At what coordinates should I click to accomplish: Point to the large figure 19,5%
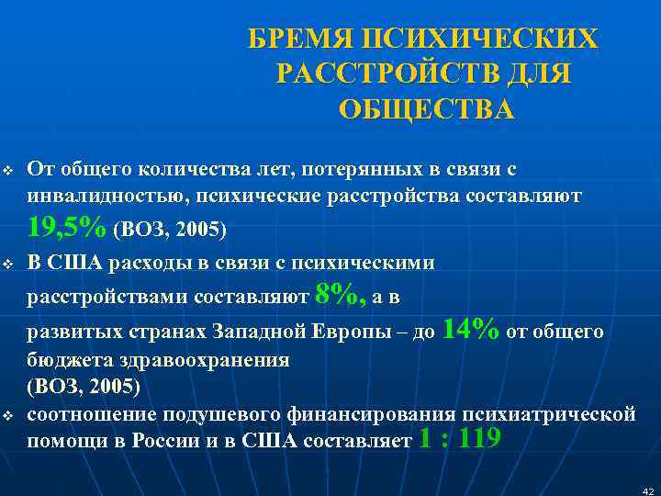[x=67, y=225]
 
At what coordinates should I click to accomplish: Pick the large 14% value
[x=472, y=329]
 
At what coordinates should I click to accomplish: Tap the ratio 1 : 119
[x=459, y=439]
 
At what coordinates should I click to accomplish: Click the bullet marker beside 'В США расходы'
[x=8, y=265]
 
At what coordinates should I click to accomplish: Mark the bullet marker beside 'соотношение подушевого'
[x=8, y=417]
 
